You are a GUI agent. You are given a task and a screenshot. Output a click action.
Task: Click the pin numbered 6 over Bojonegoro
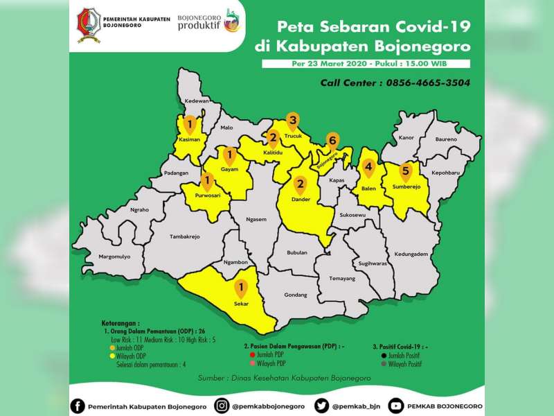tap(332, 141)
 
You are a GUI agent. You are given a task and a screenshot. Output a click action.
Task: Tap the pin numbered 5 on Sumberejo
tap(406, 171)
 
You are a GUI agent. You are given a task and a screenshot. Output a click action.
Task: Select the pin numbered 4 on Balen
tap(369, 168)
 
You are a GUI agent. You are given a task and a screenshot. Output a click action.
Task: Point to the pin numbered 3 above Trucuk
tap(293, 122)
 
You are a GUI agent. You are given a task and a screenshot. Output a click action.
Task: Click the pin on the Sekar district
tap(241, 288)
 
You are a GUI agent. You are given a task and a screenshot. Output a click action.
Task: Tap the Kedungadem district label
tap(411, 254)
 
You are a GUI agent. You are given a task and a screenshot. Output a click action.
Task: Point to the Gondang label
tap(295, 295)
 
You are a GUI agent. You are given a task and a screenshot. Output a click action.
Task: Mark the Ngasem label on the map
tap(256, 220)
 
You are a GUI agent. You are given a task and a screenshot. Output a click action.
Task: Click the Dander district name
tap(301, 200)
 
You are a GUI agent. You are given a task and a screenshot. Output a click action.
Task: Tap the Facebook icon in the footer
tap(78, 406)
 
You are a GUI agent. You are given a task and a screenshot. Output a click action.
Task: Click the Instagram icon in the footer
tap(222, 406)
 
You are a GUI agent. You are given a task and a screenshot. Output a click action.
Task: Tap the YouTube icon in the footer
tap(395, 406)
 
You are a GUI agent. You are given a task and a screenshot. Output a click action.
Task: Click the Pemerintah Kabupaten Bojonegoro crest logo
tap(88, 25)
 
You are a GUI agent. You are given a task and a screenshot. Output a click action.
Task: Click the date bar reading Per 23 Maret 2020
tap(366, 64)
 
